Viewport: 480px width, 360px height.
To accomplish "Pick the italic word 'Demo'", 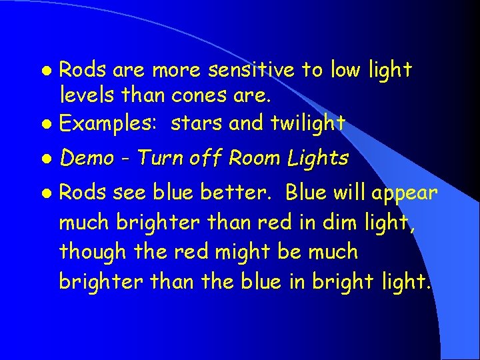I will point(91,158).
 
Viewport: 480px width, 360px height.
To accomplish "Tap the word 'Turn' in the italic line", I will point(160,158).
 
